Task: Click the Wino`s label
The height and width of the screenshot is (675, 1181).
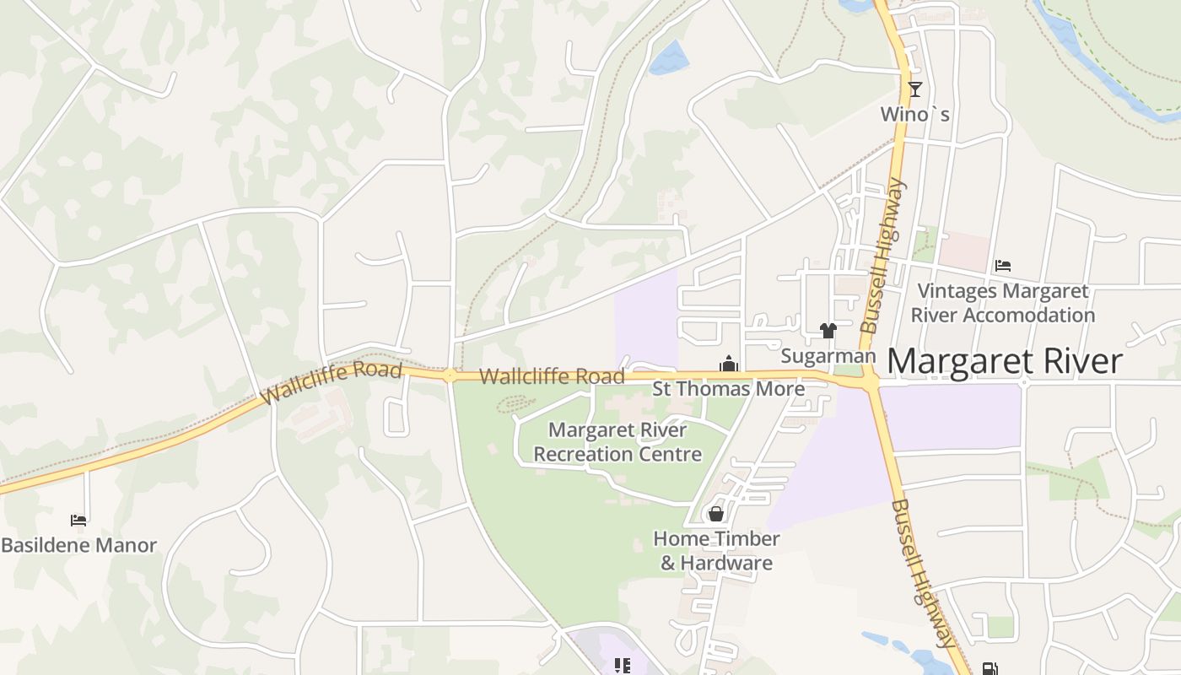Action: tap(914, 114)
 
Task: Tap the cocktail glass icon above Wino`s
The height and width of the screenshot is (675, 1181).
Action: tap(914, 89)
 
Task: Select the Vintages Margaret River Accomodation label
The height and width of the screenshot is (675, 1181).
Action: tap(1002, 303)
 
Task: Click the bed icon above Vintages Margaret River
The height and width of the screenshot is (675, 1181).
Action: tap(1002, 266)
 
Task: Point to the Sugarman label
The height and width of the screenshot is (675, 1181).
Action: tap(828, 356)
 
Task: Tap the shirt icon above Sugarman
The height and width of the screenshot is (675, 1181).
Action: tap(828, 331)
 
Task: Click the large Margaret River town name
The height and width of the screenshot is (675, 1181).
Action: tap(1004, 361)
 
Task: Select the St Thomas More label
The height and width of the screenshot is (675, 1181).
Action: tap(729, 389)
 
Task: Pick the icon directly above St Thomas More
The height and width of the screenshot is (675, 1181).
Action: tap(728, 365)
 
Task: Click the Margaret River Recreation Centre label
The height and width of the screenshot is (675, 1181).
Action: tap(617, 442)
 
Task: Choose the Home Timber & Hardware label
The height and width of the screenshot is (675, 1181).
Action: tap(716, 550)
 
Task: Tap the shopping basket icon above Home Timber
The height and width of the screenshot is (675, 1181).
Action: tap(716, 513)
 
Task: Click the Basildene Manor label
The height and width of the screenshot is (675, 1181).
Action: tap(78, 545)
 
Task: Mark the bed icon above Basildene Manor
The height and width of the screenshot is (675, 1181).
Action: tap(78, 521)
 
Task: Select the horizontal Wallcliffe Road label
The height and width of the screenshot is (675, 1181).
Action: tap(552, 376)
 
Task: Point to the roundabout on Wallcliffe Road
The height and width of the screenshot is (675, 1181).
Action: tap(450, 375)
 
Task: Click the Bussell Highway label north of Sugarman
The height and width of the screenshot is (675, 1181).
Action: tap(882, 255)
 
